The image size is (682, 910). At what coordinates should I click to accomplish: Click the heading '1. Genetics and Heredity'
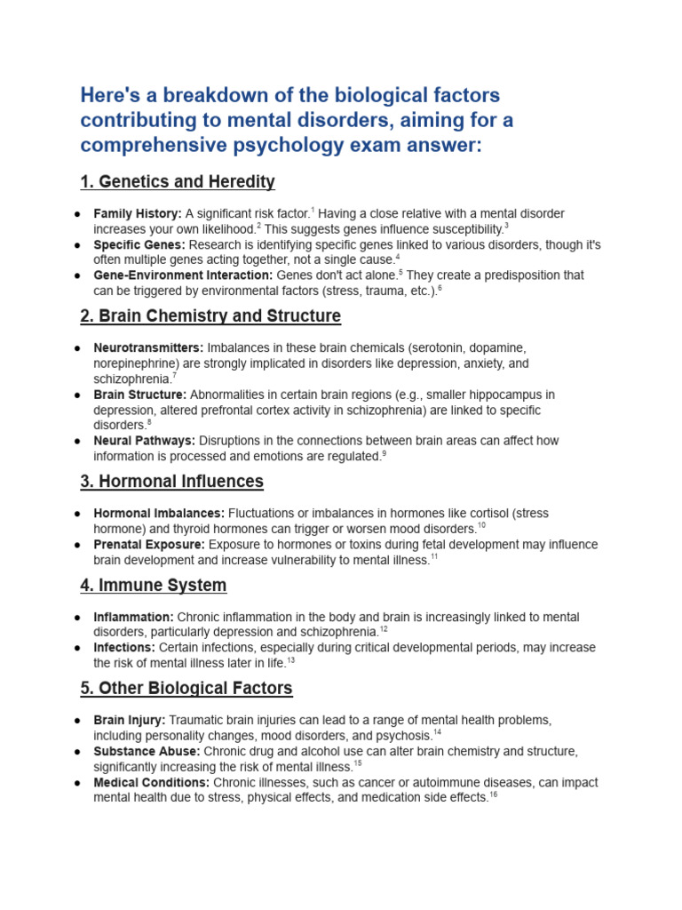click(x=178, y=182)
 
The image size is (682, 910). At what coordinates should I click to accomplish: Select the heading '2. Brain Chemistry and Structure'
click(x=210, y=316)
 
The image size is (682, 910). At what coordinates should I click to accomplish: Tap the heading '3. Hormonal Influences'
click(x=171, y=482)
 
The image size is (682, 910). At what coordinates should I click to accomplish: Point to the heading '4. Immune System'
click(x=153, y=586)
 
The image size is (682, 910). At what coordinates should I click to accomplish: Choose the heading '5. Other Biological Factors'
click(x=186, y=689)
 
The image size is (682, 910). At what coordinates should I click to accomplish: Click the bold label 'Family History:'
click(x=138, y=214)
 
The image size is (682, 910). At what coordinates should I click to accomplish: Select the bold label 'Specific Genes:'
click(x=139, y=244)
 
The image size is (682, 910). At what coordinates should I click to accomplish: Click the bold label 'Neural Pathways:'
click(x=144, y=441)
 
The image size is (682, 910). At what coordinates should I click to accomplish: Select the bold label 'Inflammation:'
click(x=133, y=617)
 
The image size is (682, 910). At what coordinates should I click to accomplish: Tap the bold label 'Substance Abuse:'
click(x=147, y=752)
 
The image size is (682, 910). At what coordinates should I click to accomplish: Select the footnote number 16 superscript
click(x=493, y=795)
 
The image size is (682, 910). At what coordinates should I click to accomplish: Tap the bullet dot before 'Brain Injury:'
click(x=79, y=721)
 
